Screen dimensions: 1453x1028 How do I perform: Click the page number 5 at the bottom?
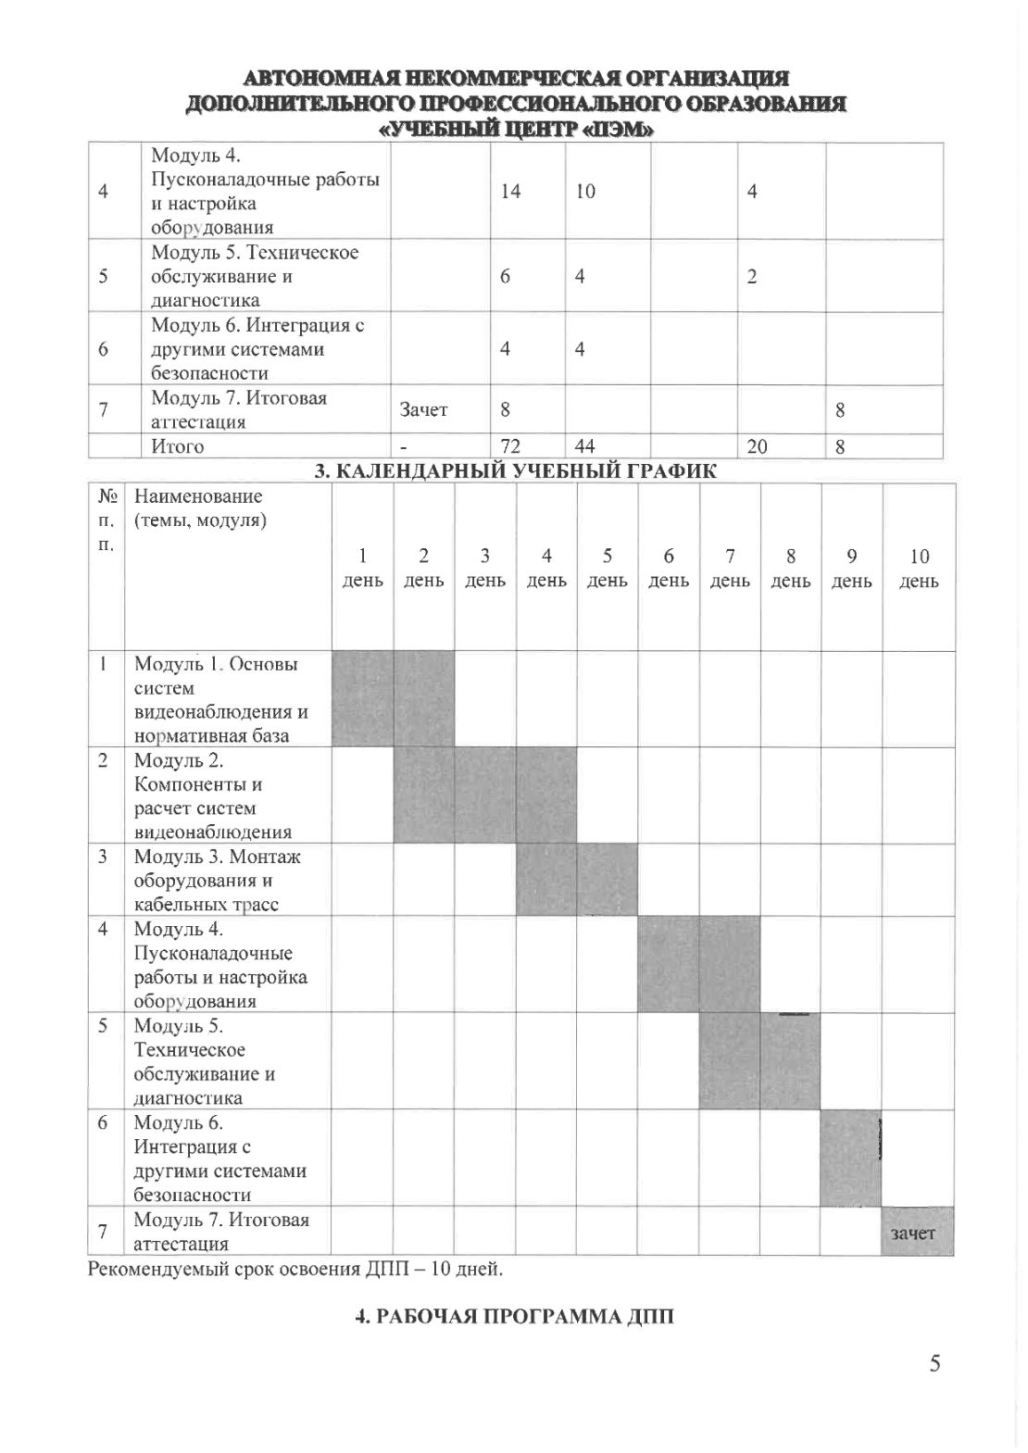pos(935,1362)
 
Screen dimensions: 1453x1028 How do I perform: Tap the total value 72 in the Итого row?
pos(509,446)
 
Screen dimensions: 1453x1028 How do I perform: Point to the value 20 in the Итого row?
pos(757,446)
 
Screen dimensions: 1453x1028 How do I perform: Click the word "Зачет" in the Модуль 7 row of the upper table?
pos(423,409)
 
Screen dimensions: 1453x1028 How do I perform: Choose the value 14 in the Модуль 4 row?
pos(510,191)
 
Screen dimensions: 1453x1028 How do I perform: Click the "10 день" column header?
pos(919,569)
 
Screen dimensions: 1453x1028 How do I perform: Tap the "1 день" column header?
pos(362,569)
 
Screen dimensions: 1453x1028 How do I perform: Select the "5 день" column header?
pos(608,569)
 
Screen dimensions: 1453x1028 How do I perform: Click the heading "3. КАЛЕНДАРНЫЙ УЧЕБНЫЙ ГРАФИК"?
pos(515,471)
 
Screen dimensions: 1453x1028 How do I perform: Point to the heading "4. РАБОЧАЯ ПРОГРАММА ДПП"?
pos(515,1315)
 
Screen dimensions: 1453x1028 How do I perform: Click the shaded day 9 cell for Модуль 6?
pos(849,1158)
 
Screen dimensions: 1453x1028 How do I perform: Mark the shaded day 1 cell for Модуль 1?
pos(362,698)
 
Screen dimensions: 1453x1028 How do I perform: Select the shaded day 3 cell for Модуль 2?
pos(484,795)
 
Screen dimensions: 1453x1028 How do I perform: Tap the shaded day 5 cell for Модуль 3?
pos(608,879)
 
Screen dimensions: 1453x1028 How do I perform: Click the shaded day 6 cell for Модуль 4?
pos(669,964)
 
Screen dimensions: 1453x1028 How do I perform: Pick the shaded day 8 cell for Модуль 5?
pos(790,1061)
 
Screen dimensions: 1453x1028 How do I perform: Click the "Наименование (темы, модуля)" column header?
pos(200,508)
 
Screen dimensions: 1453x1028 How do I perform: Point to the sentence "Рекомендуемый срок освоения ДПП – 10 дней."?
pos(295,1268)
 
